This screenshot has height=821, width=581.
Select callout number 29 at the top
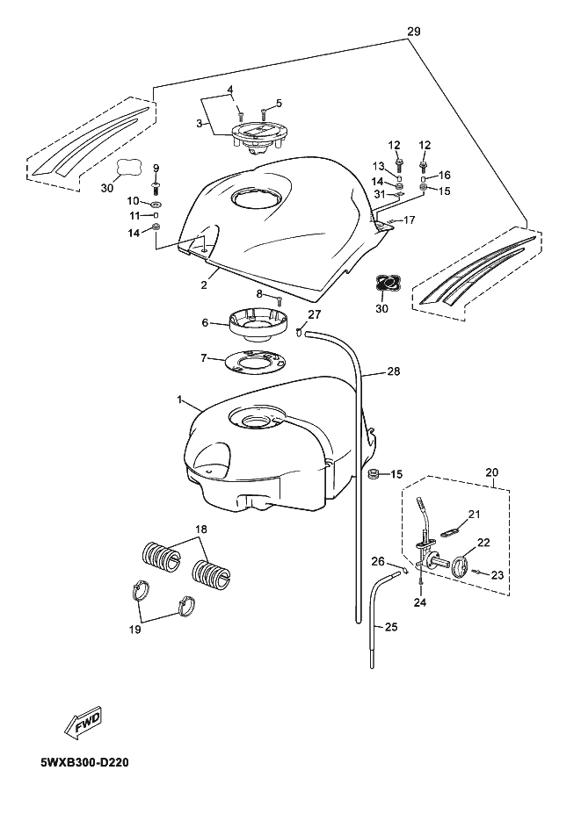(x=414, y=31)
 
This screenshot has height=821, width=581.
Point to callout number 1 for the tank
(x=179, y=401)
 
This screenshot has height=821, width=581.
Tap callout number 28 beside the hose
(x=393, y=372)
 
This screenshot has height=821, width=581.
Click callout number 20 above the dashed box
(x=491, y=472)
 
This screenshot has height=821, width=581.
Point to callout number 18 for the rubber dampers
(x=201, y=529)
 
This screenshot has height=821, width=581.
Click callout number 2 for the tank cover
(x=203, y=284)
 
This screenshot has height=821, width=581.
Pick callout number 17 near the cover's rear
(x=409, y=221)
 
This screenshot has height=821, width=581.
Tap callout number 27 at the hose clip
(x=316, y=313)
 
